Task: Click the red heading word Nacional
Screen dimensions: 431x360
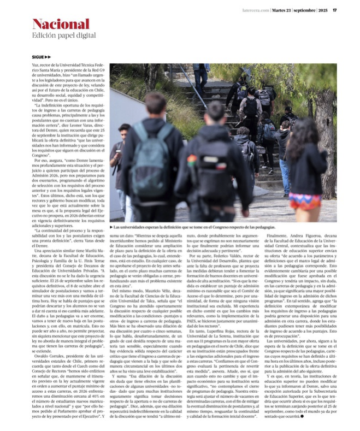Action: coord(61,24)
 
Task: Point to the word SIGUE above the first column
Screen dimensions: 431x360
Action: coord(39,57)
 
